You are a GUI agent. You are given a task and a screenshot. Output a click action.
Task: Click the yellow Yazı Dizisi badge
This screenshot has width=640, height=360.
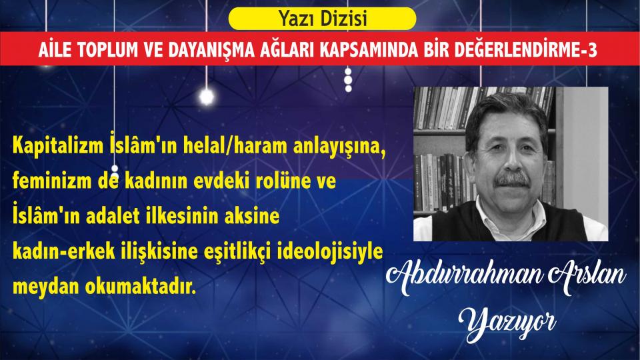point(322,19)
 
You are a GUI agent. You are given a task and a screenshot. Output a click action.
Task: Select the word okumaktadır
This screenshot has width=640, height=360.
point(141,287)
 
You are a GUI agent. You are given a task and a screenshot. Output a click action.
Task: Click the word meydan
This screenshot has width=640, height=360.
point(45,287)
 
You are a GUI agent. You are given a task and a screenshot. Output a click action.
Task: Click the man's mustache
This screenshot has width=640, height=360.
point(512,179)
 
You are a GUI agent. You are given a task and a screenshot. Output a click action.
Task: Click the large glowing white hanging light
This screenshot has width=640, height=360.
point(207,97)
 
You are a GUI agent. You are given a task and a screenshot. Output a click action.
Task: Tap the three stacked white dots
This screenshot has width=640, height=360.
point(348,79)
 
